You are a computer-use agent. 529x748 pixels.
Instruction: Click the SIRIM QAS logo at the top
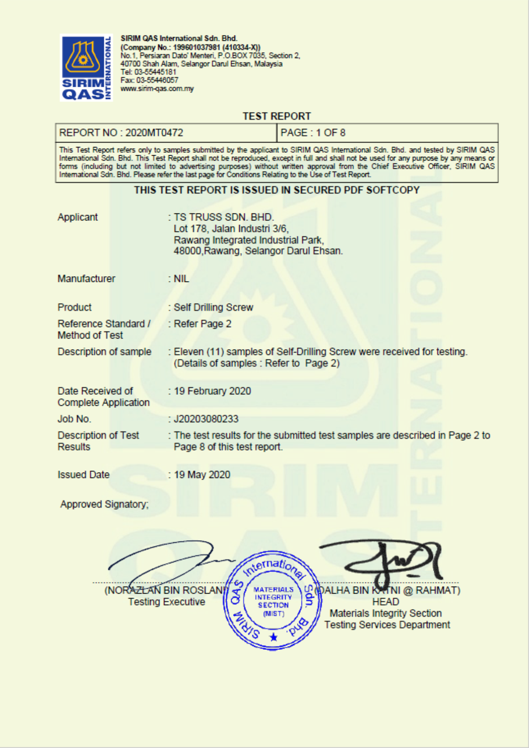86,68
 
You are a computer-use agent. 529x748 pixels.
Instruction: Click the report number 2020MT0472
154,133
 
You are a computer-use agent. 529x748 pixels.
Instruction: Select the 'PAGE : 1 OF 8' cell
313,133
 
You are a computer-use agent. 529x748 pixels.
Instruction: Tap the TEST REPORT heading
277,117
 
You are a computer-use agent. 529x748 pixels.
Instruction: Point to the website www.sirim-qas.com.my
157,88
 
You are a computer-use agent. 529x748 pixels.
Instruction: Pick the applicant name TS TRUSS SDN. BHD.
224,217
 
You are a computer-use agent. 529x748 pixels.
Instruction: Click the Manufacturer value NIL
181,279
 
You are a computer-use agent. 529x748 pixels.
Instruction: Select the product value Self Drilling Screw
213,307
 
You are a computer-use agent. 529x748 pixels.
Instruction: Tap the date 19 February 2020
212,391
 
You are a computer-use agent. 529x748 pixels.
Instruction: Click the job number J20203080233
206,419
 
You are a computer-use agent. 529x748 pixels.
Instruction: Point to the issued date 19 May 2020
202,475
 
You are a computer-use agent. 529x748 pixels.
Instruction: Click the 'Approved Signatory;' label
105,504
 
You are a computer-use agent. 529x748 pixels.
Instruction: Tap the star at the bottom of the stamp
273,637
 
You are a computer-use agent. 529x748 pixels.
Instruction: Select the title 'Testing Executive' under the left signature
166,602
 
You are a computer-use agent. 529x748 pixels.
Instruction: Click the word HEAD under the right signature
385,602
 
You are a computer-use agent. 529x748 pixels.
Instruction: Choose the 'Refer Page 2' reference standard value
203,324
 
